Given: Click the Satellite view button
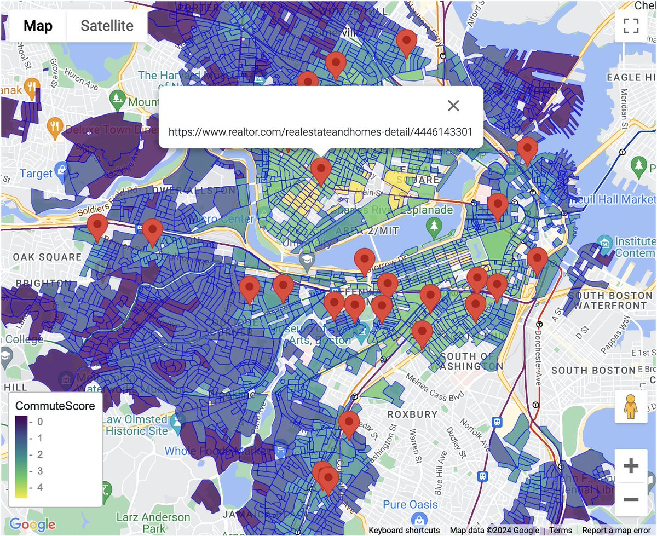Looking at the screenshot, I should pos(107,26).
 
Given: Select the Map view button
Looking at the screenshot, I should pos(38,26).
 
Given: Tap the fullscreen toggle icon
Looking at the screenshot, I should pos(631,26).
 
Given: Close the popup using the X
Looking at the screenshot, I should pos(453,106).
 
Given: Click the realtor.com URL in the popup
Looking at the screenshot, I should pos(320,132).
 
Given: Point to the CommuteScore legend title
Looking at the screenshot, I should pos(55,406).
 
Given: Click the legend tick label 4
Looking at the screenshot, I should pos(40,488).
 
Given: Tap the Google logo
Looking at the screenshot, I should pos(32,525).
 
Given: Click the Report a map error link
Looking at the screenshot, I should pos(616,530).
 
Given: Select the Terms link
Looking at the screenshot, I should pos(561,530).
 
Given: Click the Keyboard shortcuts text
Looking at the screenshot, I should pos(404,530).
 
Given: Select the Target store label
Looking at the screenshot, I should pos(36,174).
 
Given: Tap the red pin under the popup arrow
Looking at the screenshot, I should pos(320,171).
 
